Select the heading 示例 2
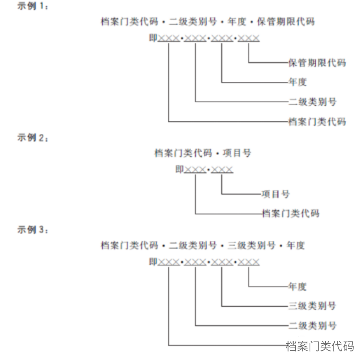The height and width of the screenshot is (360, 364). [x=33, y=138]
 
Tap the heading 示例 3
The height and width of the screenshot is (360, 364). [x=33, y=230]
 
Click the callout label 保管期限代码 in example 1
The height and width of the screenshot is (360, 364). [x=317, y=63]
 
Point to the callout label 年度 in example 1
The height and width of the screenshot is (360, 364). [x=298, y=82]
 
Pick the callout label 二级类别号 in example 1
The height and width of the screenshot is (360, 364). [x=312, y=102]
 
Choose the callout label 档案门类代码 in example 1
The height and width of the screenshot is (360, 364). [x=317, y=121]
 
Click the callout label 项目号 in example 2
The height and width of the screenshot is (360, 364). [x=275, y=194]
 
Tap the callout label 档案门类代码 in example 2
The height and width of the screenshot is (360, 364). [x=291, y=213]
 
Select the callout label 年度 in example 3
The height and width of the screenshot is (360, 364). [x=298, y=286]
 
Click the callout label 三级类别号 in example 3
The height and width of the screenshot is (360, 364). [x=312, y=306]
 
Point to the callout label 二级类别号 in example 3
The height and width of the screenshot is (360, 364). [x=312, y=325]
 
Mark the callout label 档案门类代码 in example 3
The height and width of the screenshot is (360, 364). [x=320, y=346]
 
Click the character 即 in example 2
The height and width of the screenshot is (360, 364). [x=180, y=169]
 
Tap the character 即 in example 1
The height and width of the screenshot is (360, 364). [x=153, y=38]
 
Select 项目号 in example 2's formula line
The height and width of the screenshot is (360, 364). [x=237, y=153]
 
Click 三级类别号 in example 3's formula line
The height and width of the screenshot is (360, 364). [x=251, y=245]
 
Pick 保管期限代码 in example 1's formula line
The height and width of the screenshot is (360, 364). [x=286, y=22]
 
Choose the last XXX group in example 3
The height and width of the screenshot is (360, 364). [x=248, y=262]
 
